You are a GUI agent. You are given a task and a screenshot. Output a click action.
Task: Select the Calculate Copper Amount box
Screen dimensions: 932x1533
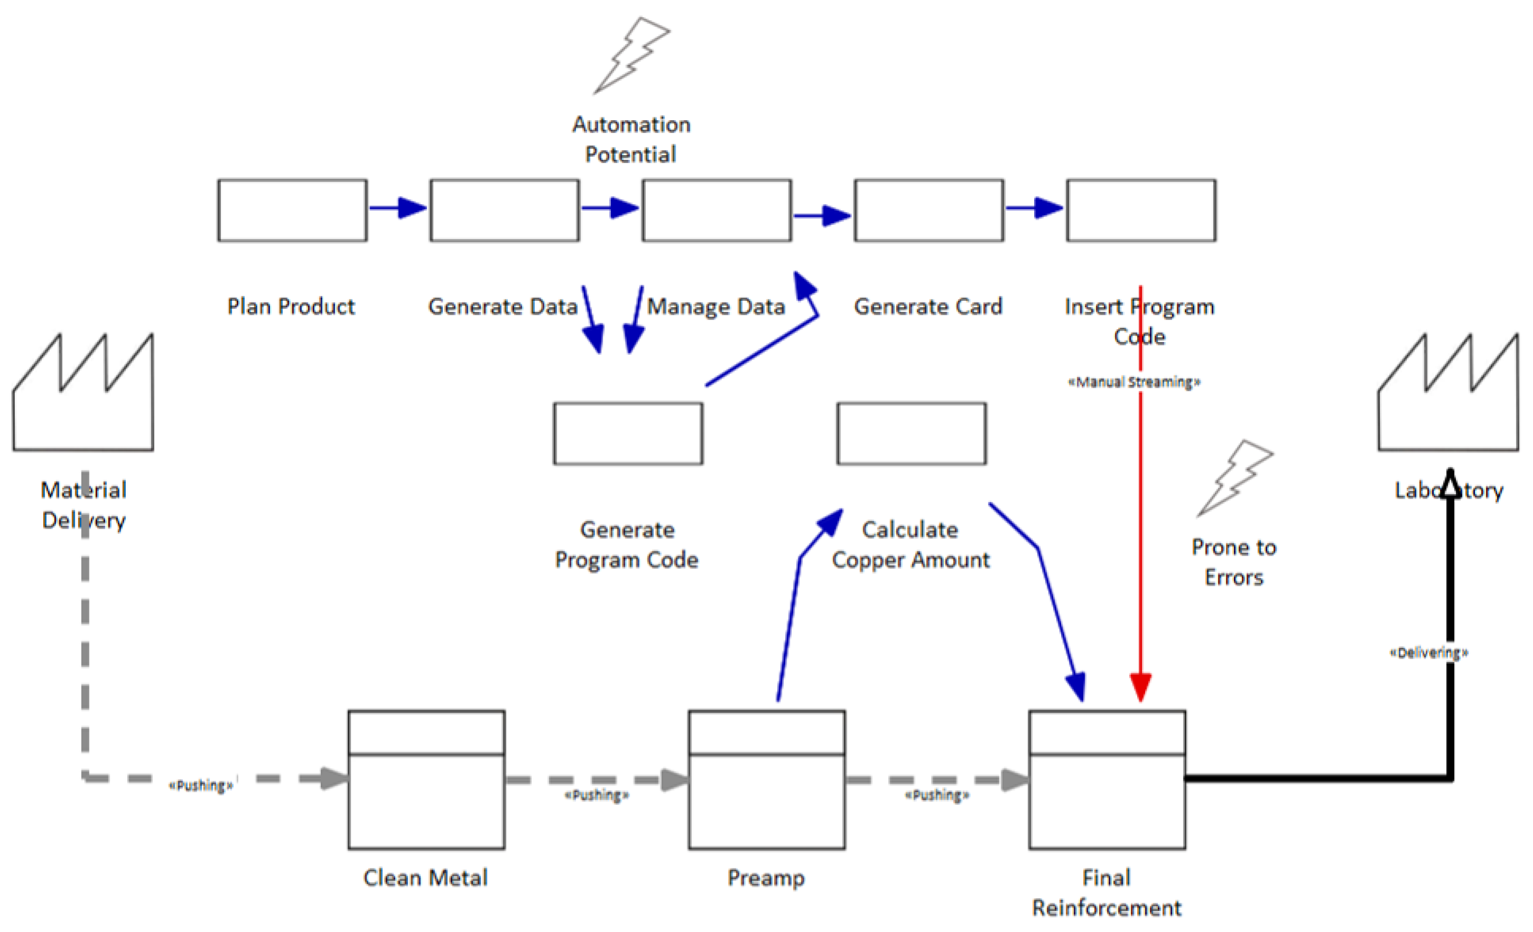(911, 433)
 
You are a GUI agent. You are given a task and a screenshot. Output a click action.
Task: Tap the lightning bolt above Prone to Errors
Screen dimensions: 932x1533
(1235, 478)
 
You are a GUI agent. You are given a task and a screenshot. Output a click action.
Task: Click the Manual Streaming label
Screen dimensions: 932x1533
(1134, 382)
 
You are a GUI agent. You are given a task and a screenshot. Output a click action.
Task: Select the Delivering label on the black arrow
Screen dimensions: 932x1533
(1429, 653)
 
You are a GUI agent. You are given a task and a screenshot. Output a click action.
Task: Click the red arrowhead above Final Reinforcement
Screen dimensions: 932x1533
(1140, 687)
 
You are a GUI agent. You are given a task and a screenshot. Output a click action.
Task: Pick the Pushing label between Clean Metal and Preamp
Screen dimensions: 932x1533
(597, 795)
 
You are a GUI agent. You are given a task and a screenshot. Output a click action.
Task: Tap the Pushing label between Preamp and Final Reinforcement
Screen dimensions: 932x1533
(936, 795)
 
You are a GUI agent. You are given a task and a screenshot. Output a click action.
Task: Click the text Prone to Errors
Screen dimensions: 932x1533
(1234, 562)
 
